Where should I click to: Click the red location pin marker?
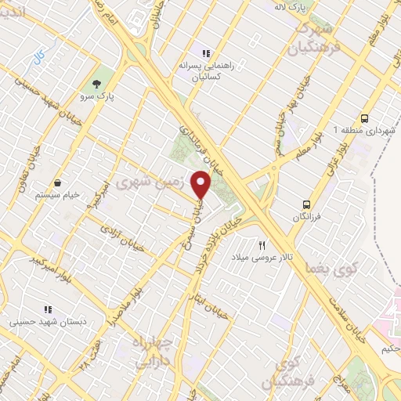[201, 184]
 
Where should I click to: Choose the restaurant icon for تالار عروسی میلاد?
[262, 244]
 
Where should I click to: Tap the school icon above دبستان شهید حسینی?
[48, 309]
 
